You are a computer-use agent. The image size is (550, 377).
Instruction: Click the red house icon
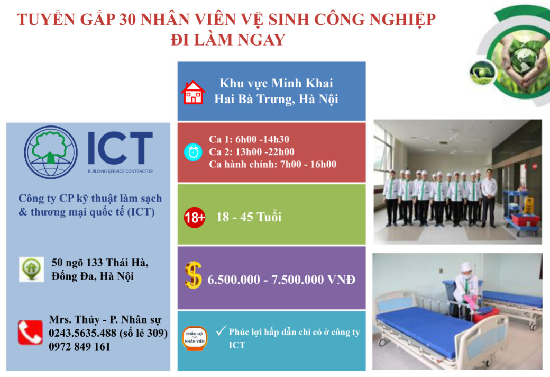pos(193,93)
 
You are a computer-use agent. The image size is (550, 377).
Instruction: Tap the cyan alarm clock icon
pos(193,152)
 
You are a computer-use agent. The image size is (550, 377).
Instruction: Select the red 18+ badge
pos(195,218)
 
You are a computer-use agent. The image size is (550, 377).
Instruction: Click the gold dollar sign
pos(193,275)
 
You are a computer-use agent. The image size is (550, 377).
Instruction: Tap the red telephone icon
pos(30,333)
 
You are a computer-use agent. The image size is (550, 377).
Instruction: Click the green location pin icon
pos(31,269)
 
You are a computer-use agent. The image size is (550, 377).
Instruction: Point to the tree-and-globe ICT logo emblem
pos(51,152)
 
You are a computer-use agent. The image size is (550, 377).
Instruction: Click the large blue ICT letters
pos(120,148)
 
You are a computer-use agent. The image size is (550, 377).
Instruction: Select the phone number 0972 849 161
pos(80,347)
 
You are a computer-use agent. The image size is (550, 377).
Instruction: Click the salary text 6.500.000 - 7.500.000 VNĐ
pos(281,280)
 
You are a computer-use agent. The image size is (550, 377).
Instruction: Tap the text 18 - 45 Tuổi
pos(249,217)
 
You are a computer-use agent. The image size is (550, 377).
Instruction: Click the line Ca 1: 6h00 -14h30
pos(249,139)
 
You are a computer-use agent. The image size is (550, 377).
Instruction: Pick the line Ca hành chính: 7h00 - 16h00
pos(272,164)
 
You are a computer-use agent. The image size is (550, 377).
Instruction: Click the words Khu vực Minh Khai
pos(276,83)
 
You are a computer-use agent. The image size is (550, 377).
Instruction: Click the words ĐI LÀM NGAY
pos(227,40)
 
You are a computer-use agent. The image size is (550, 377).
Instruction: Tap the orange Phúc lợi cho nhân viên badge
pos(195,338)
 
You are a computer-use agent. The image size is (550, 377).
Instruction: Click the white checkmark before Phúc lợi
pos(221,330)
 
